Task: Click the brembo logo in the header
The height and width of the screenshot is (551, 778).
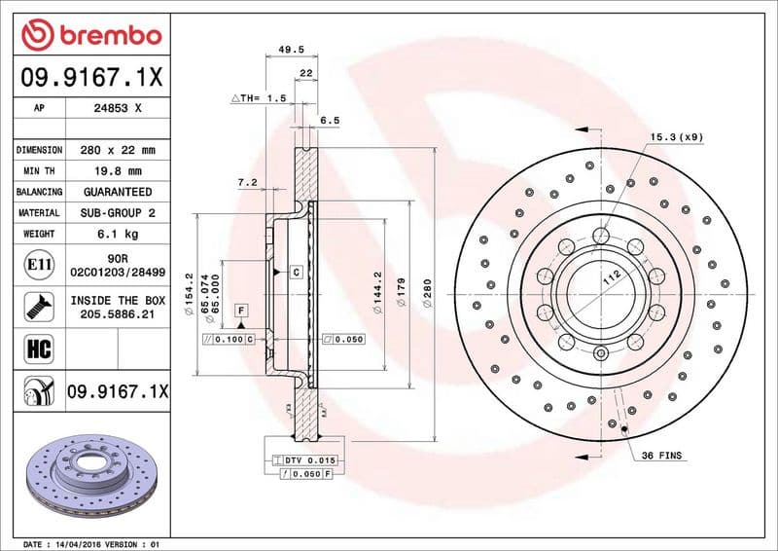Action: click(91, 35)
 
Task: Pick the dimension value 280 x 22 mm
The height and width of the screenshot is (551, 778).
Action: click(118, 151)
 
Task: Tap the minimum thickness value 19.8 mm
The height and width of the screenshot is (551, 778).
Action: click(118, 171)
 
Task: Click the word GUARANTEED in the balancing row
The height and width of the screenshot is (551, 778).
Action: click(118, 192)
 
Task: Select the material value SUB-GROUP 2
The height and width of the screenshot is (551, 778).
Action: click(118, 212)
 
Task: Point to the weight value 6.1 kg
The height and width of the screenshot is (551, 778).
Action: click(118, 234)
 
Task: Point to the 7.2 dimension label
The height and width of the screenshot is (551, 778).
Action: click(246, 182)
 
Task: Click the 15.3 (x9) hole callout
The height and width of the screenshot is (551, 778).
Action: click(677, 136)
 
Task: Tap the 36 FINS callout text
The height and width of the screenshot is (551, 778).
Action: click(662, 456)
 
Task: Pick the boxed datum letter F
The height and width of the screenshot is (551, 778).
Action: click(239, 310)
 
